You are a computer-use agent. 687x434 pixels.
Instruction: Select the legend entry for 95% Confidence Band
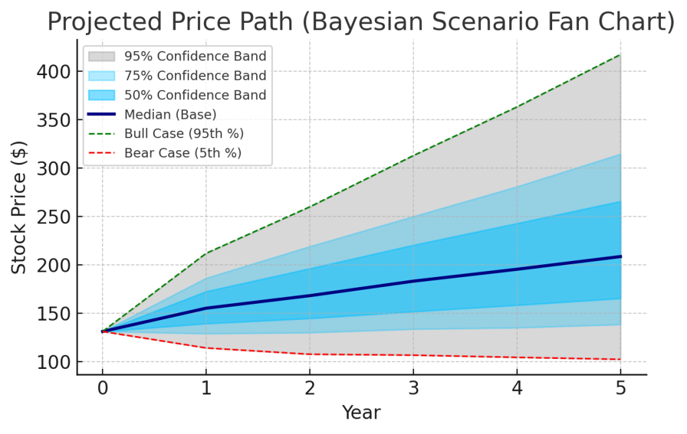(x=195, y=56)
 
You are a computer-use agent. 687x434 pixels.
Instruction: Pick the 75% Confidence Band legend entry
(x=195, y=76)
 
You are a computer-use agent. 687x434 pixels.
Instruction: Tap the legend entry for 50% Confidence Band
(x=195, y=95)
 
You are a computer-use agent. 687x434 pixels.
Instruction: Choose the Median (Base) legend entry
(x=170, y=115)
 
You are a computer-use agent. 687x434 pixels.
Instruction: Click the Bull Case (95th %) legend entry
(x=184, y=133)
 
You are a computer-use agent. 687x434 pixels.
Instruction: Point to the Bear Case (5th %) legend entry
(x=182, y=153)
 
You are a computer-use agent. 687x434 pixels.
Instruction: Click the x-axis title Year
(x=361, y=413)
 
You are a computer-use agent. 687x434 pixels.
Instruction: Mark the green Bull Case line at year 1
(x=206, y=253)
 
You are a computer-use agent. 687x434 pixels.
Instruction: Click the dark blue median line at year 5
(x=621, y=256)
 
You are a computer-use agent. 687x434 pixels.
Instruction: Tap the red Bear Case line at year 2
(x=309, y=354)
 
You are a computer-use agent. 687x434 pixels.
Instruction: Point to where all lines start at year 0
(x=102, y=331)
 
